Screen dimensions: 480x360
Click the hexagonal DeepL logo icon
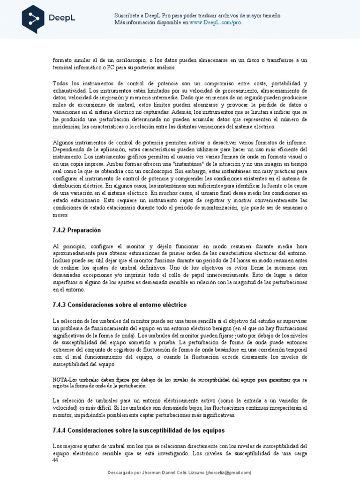tap(33, 19)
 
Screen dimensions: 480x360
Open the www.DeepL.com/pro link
tap(216, 22)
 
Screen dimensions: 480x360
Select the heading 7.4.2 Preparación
tap(77, 230)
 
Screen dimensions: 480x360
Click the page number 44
tap(55, 461)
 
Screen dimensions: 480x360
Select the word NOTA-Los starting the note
tap(64, 379)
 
